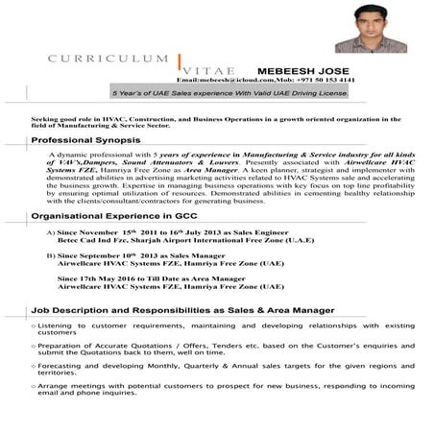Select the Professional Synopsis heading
click(x=86, y=139)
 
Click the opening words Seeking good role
click(x=63, y=118)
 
